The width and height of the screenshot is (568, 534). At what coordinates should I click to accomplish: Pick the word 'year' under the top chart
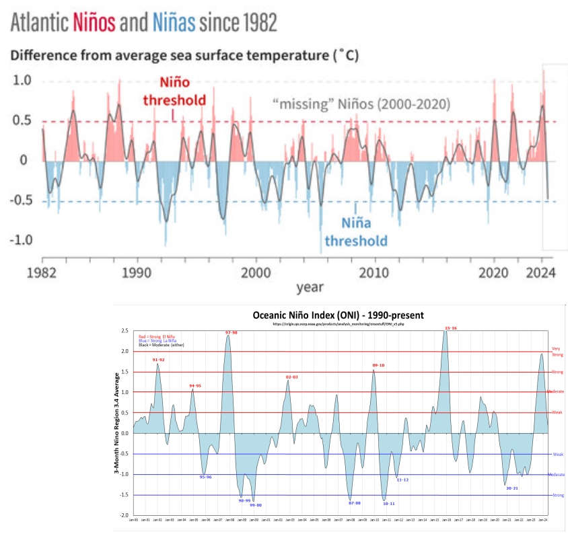[x=310, y=287]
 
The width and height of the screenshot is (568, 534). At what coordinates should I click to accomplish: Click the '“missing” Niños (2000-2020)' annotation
[x=361, y=104]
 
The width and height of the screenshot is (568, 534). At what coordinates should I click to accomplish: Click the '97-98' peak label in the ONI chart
[x=232, y=332]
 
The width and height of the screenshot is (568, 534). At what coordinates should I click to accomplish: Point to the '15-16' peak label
[x=451, y=328]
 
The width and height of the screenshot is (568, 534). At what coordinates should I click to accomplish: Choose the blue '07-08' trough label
[x=355, y=503]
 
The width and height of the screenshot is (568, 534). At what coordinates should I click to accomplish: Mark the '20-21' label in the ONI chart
[x=511, y=488]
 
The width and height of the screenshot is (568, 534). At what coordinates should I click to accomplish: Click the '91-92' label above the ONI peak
[x=158, y=360]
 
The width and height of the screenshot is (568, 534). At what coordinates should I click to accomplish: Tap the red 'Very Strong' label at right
[x=557, y=352]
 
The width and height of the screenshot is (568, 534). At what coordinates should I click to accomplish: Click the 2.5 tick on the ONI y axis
[x=125, y=331]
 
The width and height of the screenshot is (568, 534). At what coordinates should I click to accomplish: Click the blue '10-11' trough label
[x=388, y=503]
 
